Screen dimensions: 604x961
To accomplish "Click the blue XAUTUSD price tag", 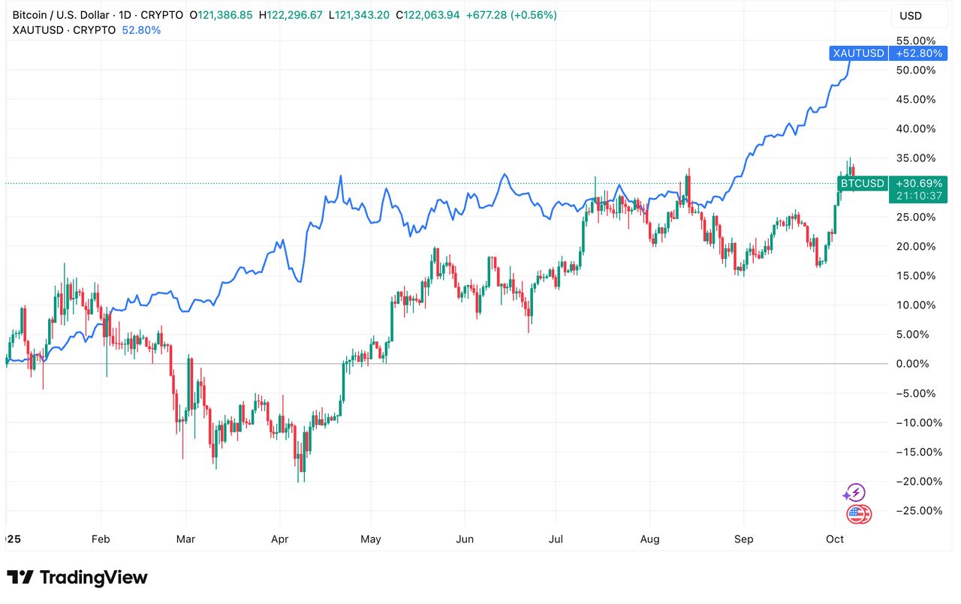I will pyautogui.click(x=858, y=53).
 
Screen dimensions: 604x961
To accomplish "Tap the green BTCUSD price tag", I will pyautogui.click(x=862, y=183).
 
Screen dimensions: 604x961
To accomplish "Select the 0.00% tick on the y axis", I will pyautogui.click(x=918, y=364).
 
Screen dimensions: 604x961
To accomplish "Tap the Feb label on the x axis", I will pyautogui.click(x=100, y=539).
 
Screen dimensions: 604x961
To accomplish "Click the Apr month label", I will pyautogui.click(x=279, y=539).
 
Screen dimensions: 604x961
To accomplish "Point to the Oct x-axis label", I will pyautogui.click(x=835, y=539).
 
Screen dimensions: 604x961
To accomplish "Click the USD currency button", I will pyautogui.click(x=911, y=16).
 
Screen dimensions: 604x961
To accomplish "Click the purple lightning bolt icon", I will pyautogui.click(x=855, y=493).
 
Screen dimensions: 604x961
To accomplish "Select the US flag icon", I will pyautogui.click(x=858, y=515).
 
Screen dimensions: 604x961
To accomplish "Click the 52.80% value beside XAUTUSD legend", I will pyautogui.click(x=140, y=30).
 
